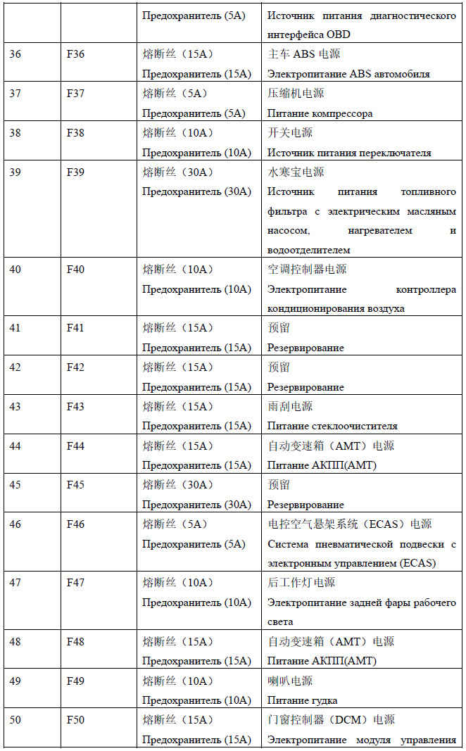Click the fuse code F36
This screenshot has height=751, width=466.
click(x=75, y=54)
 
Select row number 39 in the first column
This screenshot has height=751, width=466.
click(x=15, y=172)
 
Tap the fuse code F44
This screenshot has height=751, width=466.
click(x=75, y=446)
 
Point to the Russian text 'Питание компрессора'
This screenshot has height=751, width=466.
click(x=320, y=113)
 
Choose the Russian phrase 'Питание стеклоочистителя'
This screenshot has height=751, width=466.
click(x=332, y=426)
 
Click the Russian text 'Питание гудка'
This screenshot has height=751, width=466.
click(x=302, y=700)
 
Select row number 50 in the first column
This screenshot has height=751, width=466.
click(x=15, y=720)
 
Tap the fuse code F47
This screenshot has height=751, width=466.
click(x=75, y=583)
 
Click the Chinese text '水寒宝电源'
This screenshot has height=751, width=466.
click(x=296, y=172)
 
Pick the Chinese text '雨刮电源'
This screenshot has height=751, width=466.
click(x=290, y=406)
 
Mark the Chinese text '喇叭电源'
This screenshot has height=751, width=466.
click(x=290, y=681)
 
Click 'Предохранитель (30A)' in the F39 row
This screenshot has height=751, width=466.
click(x=196, y=191)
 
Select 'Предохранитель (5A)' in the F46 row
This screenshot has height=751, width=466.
click(x=194, y=544)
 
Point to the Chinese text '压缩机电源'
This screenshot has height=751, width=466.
click(x=296, y=94)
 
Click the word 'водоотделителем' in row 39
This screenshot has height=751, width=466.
click(x=308, y=250)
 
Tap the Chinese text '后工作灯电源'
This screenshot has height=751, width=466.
click(x=301, y=583)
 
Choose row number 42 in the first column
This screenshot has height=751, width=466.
click(x=15, y=367)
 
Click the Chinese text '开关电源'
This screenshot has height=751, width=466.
click(x=290, y=132)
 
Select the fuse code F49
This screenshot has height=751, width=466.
click(x=75, y=681)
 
